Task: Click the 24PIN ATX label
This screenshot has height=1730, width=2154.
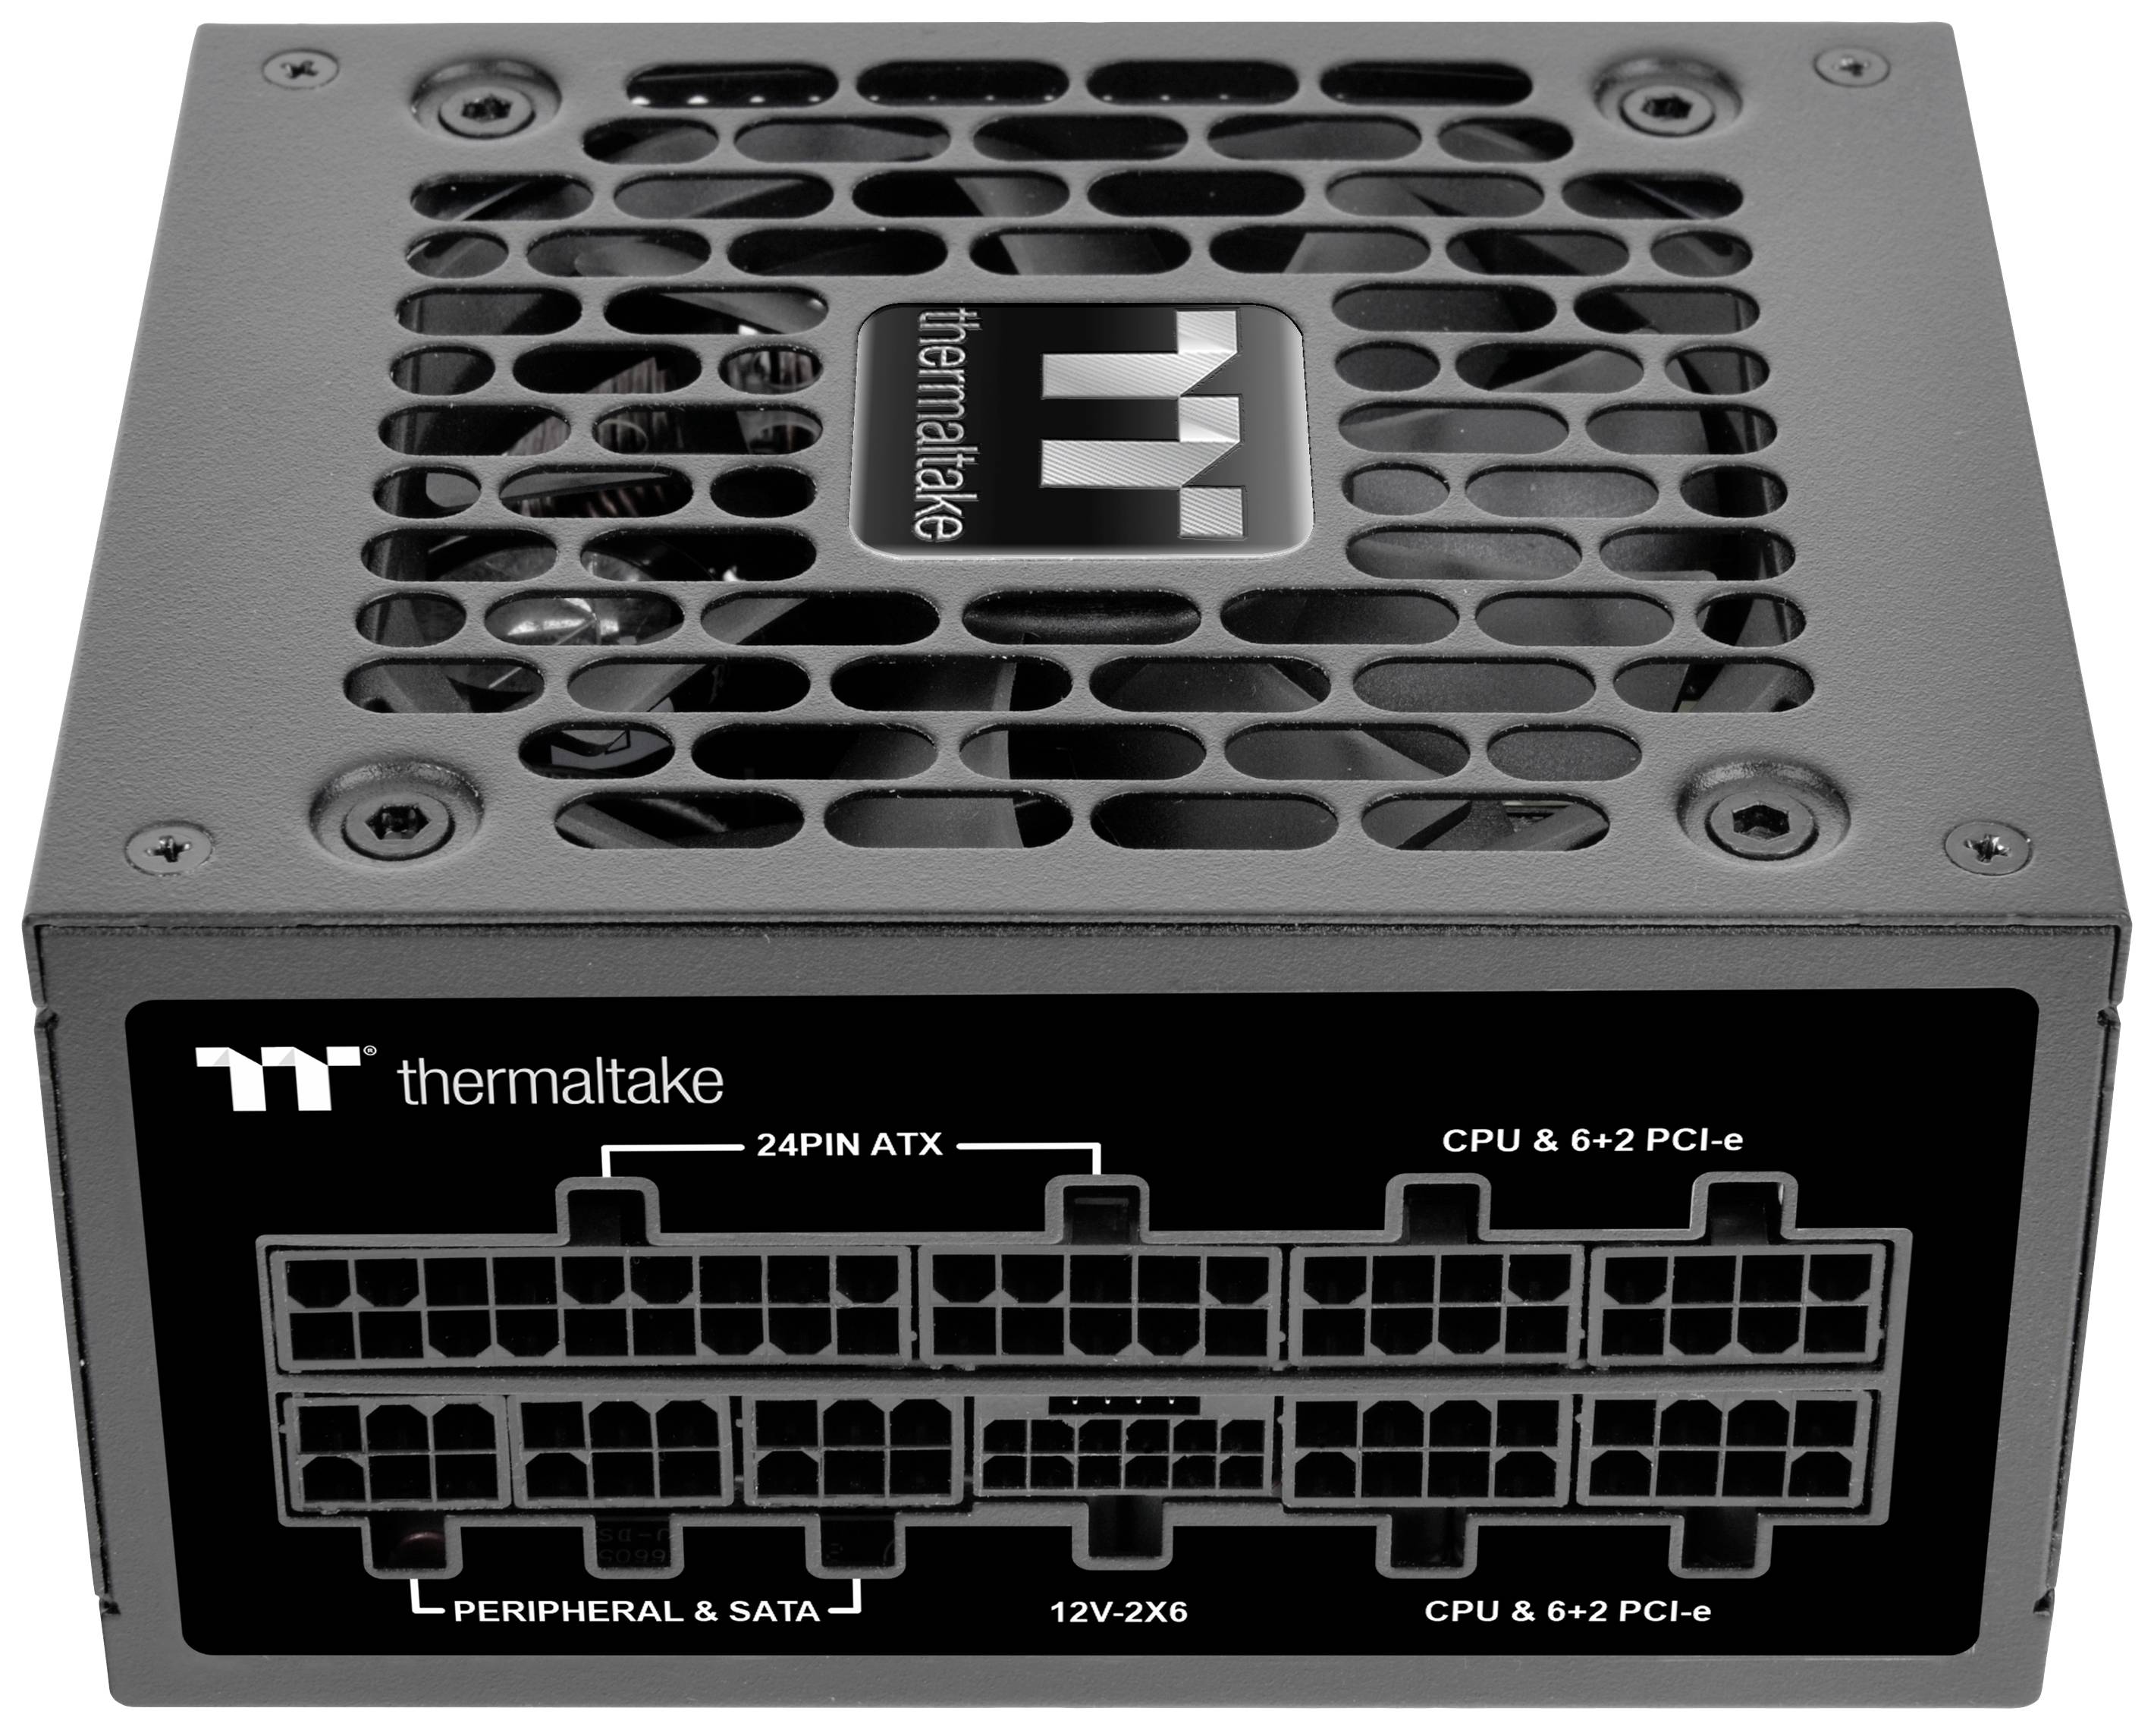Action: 849,1144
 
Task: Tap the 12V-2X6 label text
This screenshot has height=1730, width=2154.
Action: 1119,1640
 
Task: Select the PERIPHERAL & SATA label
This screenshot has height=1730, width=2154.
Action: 636,1639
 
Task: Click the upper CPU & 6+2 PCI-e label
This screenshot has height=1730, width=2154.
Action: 1593,1140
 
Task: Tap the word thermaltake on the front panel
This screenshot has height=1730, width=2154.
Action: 560,1082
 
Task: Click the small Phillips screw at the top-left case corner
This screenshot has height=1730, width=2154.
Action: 300,68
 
